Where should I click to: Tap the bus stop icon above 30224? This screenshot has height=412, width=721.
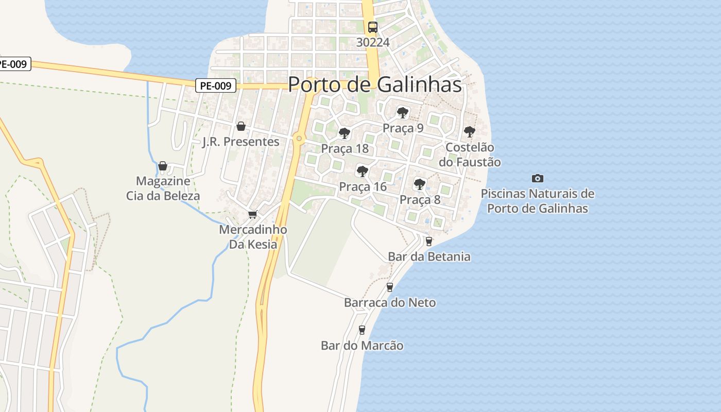tap(372, 27)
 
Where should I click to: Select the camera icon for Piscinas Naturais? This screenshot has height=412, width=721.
tap(537, 178)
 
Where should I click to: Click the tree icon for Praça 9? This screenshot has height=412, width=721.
tap(403, 112)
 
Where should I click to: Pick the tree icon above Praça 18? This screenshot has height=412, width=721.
tap(345, 133)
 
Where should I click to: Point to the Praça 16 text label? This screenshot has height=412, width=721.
tap(363, 187)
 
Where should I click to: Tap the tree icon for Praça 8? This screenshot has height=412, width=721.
tap(420, 184)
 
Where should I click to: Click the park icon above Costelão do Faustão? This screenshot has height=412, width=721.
tap(469, 132)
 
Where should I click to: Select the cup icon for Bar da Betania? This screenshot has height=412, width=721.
tap(428, 241)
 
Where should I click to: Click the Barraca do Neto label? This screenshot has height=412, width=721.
tap(390, 303)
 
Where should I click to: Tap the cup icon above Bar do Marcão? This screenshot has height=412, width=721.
tap(362, 330)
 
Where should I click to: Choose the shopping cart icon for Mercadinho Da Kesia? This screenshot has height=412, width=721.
tap(252, 214)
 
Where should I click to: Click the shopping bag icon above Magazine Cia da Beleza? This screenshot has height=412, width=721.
tap(163, 166)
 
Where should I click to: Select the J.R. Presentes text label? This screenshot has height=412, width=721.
tap(241, 142)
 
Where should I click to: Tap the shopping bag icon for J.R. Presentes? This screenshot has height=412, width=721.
tap(241, 126)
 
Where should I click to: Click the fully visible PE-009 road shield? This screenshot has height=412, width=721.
tap(216, 85)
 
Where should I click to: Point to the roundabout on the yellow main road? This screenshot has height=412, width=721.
tap(299, 138)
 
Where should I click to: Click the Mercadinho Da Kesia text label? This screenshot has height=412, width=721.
tap(253, 237)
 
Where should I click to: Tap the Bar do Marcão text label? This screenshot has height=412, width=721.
tap(362, 346)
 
